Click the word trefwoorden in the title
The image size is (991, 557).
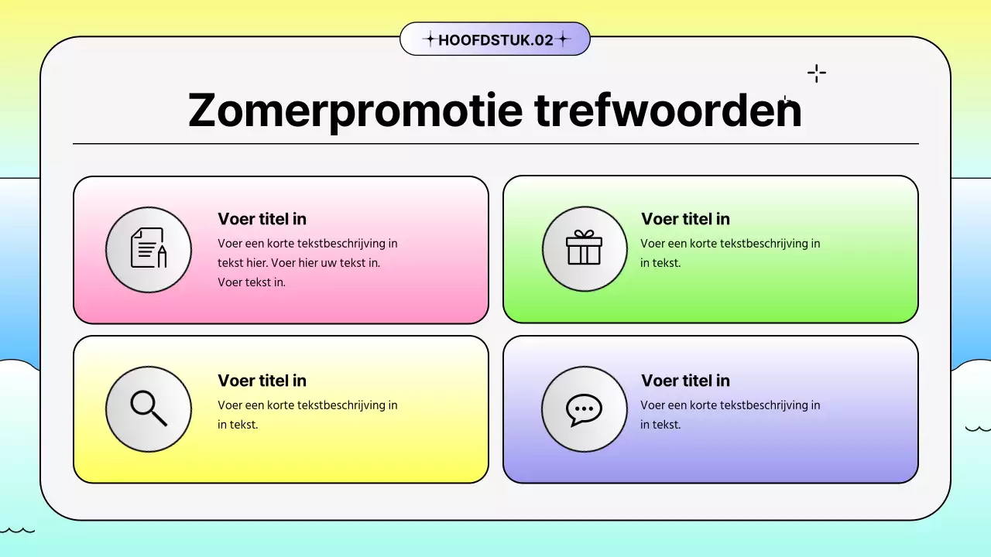(668, 111)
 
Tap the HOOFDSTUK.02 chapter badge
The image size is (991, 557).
(495, 39)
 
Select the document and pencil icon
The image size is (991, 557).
(149, 249)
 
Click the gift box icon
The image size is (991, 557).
(585, 248)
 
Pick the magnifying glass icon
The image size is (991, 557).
(149, 408)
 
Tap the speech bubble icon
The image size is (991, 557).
(585, 408)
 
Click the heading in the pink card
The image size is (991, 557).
(262, 219)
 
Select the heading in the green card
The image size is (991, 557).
(685, 219)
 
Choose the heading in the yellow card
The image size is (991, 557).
(262, 381)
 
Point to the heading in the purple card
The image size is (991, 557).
(685, 381)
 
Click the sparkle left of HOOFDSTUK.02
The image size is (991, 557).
(428, 39)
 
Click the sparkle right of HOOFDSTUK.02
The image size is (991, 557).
(563, 39)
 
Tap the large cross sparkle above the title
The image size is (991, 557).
(817, 74)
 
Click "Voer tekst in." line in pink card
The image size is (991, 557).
(252, 282)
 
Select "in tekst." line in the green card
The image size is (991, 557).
(660, 263)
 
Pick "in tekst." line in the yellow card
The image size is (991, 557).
(238, 425)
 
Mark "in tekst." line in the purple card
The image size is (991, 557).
(660, 425)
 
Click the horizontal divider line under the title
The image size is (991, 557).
(495, 144)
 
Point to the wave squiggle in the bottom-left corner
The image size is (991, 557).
(17, 531)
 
